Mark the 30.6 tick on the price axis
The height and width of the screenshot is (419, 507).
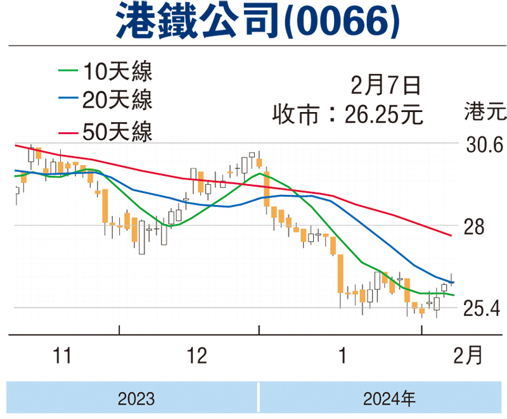pyautogui.click(x=484, y=146)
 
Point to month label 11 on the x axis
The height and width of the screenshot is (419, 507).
pyautogui.click(x=61, y=356)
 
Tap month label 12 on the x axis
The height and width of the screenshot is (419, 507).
pyautogui.click(x=197, y=356)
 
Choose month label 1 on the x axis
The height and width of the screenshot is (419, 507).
pyautogui.click(x=342, y=356)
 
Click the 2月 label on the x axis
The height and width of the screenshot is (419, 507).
pyautogui.click(x=468, y=356)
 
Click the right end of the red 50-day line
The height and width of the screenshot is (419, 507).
pyautogui.click(x=451, y=235)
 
